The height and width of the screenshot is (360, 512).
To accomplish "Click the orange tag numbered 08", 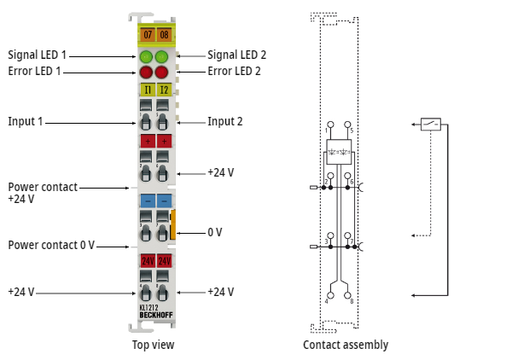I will (x=163, y=35).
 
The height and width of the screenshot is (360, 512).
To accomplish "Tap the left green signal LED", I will (x=146, y=57).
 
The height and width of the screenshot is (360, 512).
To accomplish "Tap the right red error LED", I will (x=163, y=73).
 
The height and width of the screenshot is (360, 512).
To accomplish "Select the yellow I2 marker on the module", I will (x=163, y=89).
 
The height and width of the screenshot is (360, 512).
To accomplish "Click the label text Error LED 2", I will (x=234, y=72).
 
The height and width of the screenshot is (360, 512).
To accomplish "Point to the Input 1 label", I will (x=26, y=122).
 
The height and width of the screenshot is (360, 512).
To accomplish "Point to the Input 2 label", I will (x=225, y=122).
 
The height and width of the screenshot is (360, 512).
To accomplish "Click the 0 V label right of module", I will (x=215, y=232).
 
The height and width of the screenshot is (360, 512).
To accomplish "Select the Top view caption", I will (x=154, y=345).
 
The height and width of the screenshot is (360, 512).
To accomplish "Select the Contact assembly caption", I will (x=346, y=345).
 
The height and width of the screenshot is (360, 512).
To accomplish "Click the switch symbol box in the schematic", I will (x=431, y=124).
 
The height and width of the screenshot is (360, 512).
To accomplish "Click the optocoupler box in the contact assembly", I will (x=338, y=151).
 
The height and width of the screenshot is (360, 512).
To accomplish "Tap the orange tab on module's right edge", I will (x=173, y=224).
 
